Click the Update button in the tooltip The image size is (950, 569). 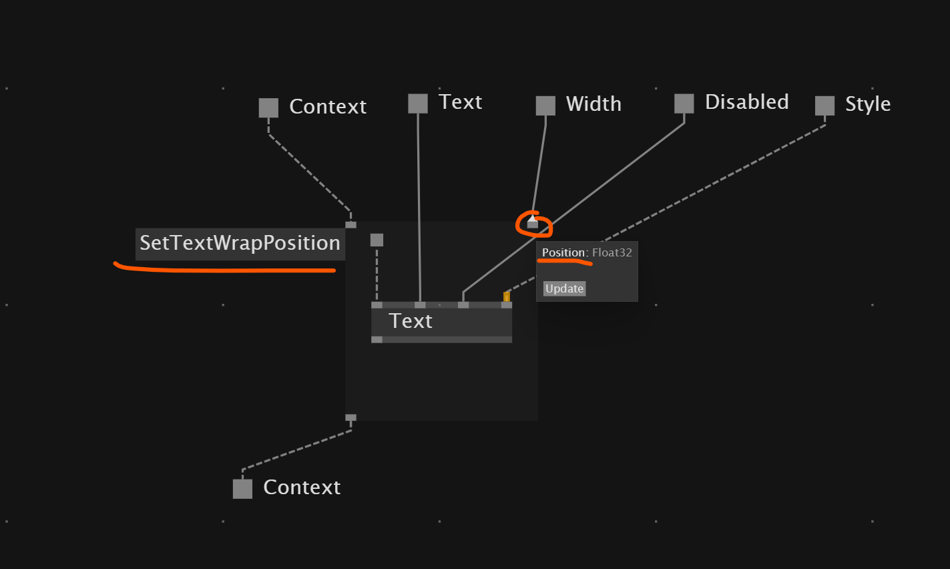[x=565, y=289]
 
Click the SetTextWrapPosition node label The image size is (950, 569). [x=240, y=244]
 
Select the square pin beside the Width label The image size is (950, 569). [x=545, y=106]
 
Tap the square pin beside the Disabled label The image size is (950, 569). [x=684, y=104]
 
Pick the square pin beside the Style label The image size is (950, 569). [x=824, y=106]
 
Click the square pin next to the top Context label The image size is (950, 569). [x=268, y=108]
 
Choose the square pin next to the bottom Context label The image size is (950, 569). [x=242, y=489]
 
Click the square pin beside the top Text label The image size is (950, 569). [x=418, y=104]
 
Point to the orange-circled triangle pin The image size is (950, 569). [x=533, y=222]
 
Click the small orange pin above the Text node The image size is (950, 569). [x=507, y=296]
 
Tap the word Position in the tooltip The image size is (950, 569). [x=563, y=252]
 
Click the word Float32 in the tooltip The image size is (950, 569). [x=612, y=252]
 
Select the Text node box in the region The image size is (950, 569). [x=441, y=322]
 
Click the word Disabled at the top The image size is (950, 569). [x=747, y=102]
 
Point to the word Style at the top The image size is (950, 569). [x=868, y=104]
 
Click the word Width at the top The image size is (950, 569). [x=593, y=104]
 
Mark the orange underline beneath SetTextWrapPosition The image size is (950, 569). [x=224, y=269]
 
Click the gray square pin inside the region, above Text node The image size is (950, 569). [x=377, y=240]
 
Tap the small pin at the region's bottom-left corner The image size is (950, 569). [x=350, y=417]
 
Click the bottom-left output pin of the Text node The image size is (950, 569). [x=377, y=339]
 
